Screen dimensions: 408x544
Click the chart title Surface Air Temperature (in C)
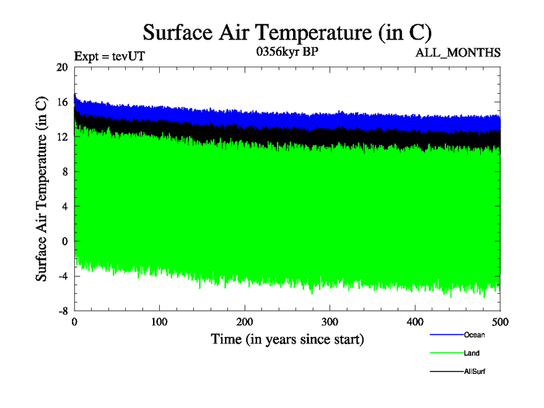coord(286,32)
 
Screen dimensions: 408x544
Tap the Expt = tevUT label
coord(109,57)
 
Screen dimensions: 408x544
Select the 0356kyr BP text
coord(286,53)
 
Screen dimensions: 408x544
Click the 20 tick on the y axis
coord(62,67)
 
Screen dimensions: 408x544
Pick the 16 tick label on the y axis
coord(62,102)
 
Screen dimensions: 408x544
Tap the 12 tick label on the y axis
coord(62,137)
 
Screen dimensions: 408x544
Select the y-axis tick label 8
coord(65,171)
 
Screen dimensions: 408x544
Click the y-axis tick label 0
coord(65,241)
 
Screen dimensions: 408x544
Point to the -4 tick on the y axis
coord(63,275)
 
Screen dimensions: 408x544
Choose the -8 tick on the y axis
coord(63,310)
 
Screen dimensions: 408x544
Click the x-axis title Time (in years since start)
coord(287,339)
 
